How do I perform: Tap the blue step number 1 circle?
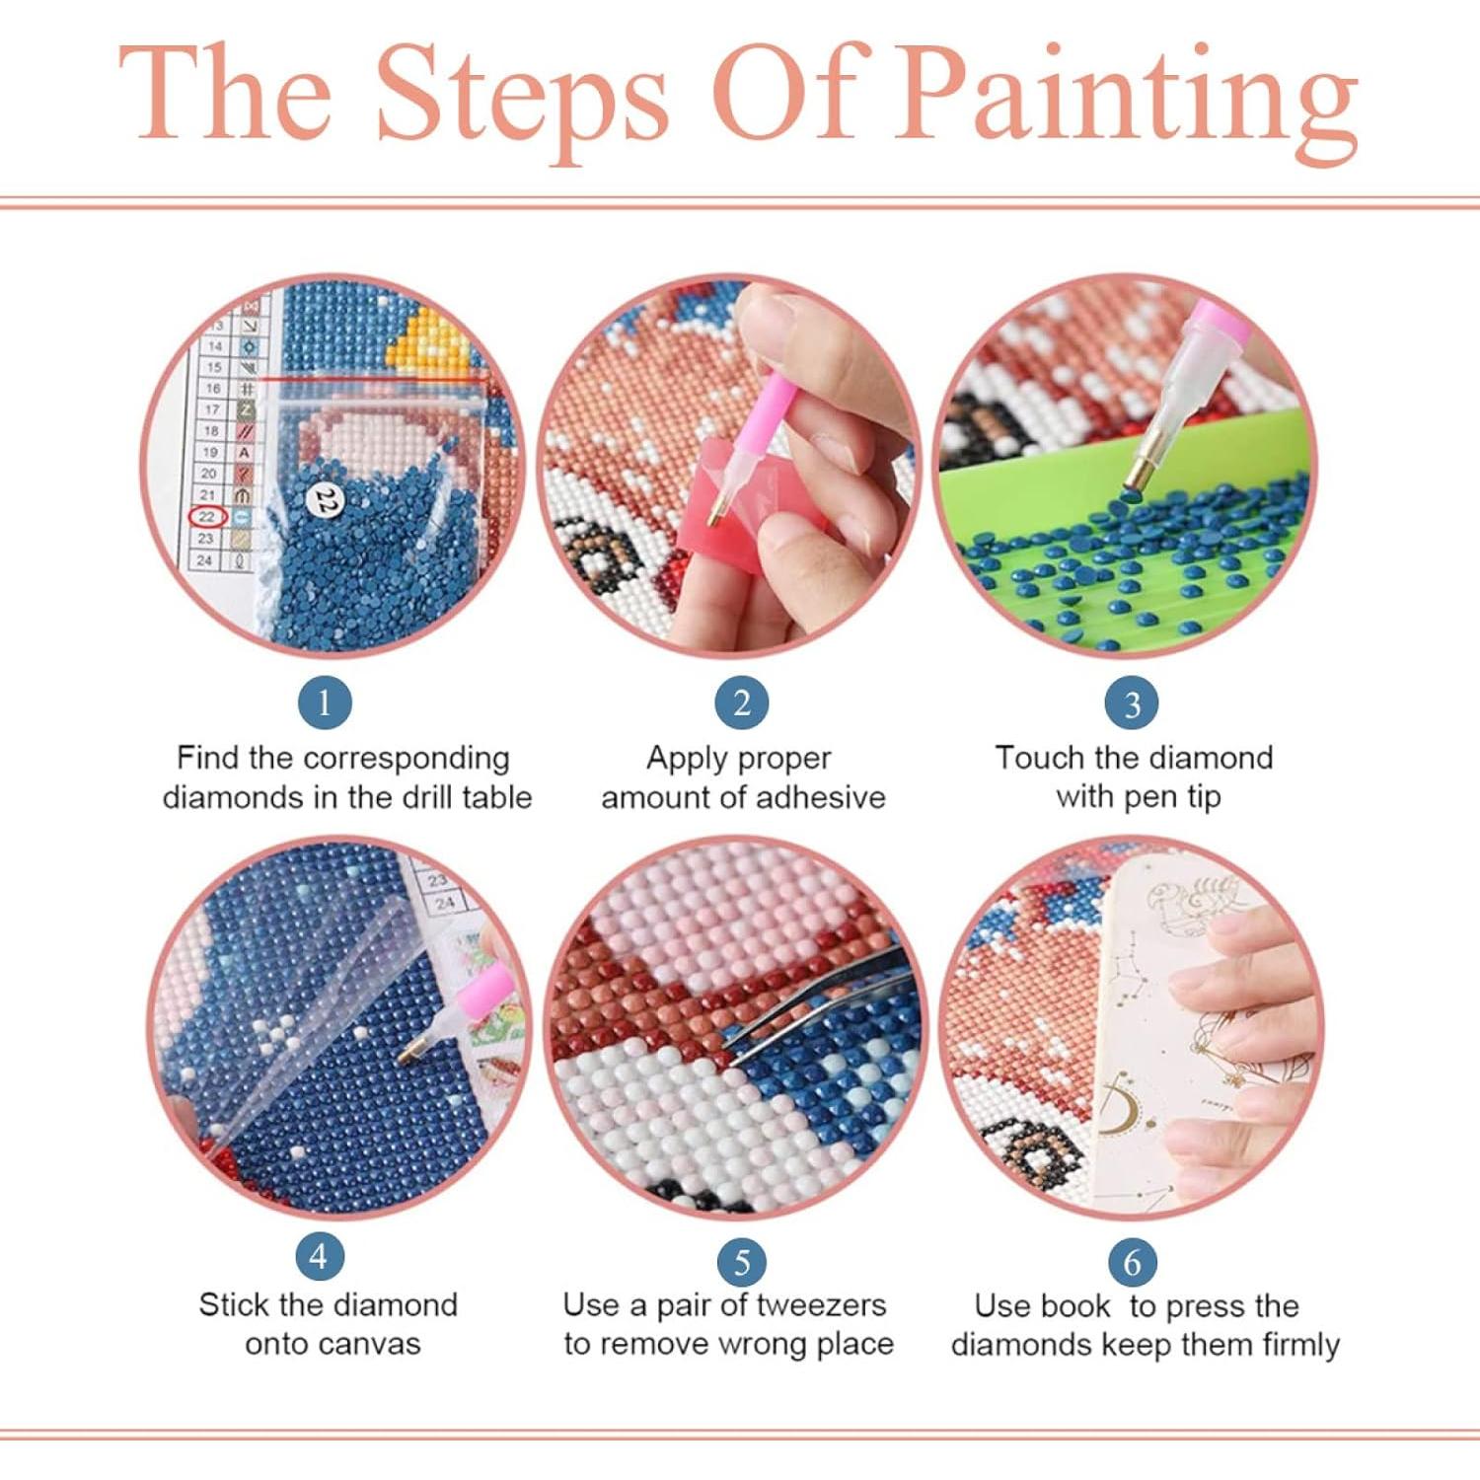point(324,703)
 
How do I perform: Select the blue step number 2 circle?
point(741,703)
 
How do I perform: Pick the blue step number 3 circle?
point(1131,703)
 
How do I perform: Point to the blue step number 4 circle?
point(319,1256)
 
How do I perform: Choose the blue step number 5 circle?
point(741,1261)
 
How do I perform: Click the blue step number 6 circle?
point(1131,1261)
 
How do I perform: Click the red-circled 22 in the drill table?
point(207,516)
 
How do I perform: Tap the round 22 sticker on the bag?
point(325,501)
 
